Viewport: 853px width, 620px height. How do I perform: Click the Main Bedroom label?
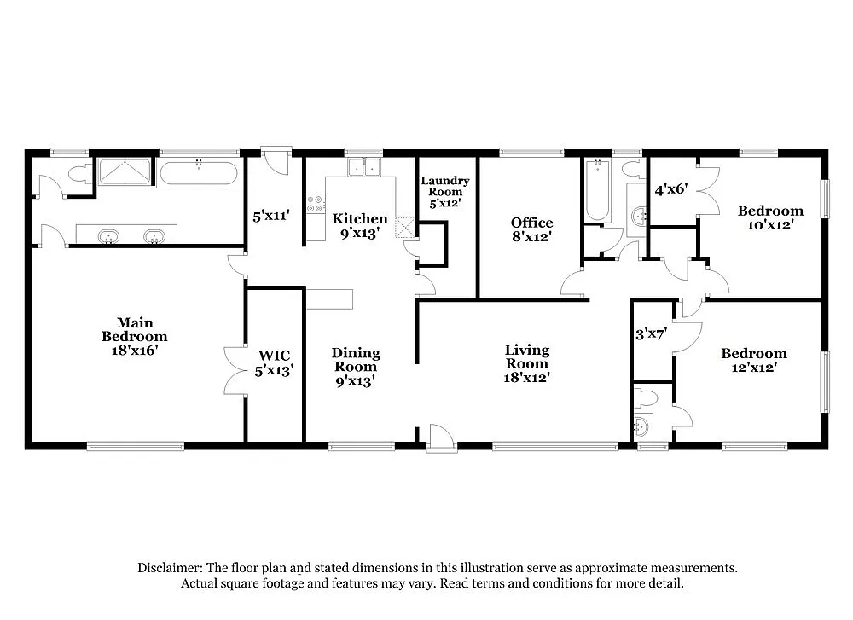(x=135, y=336)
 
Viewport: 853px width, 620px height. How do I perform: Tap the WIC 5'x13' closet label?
(x=274, y=362)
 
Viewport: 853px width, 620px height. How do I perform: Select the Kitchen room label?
(x=360, y=225)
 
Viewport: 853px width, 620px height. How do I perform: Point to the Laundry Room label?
(x=444, y=192)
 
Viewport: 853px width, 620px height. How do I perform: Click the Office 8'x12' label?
(x=531, y=229)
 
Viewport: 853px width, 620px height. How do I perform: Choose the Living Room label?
(x=526, y=362)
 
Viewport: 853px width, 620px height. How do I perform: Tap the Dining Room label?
(x=356, y=367)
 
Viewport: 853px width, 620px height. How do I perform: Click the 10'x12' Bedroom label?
(x=770, y=217)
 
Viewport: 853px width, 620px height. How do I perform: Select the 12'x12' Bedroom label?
(x=753, y=360)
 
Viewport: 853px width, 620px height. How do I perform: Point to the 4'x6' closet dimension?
(x=670, y=190)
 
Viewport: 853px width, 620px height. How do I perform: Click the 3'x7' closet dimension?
(x=651, y=335)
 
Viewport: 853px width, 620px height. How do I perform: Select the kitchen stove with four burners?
(x=316, y=204)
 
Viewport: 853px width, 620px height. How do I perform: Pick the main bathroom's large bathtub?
(x=199, y=173)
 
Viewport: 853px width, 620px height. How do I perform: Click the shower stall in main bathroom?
(x=125, y=171)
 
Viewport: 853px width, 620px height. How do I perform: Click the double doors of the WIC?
(x=235, y=371)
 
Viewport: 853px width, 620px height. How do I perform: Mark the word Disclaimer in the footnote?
(x=168, y=568)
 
